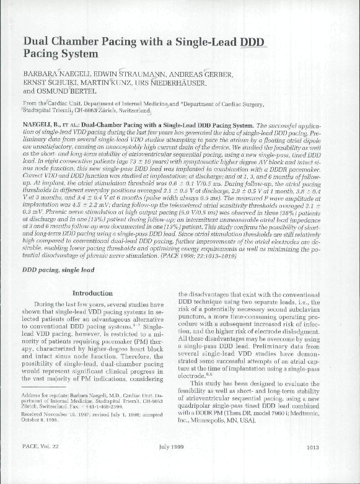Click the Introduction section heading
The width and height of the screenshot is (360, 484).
tap(92, 292)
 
